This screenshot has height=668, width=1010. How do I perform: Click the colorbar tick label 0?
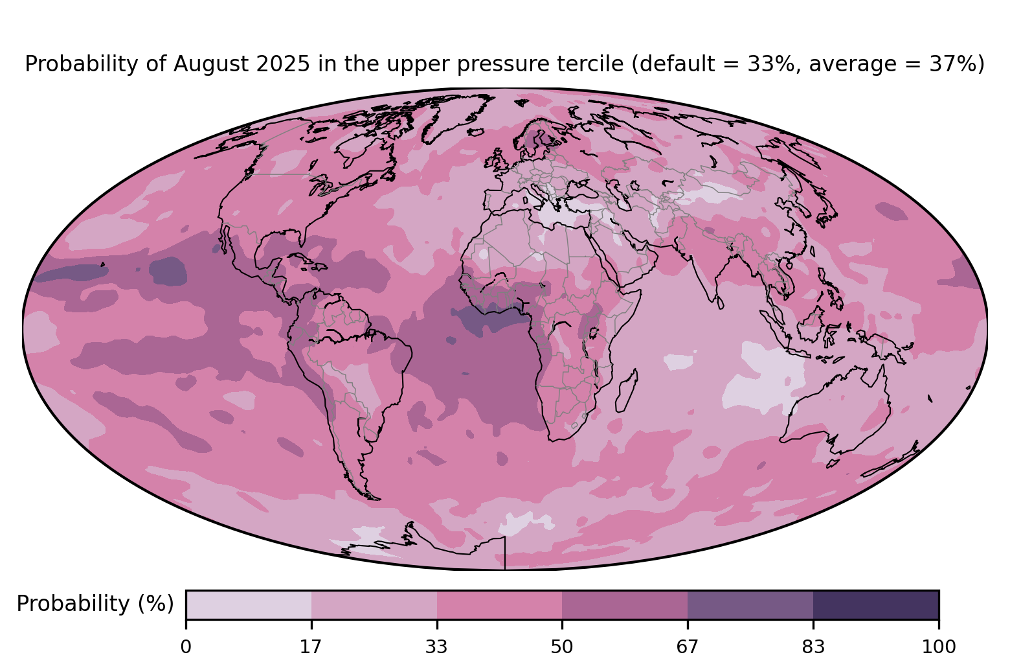pos(186,647)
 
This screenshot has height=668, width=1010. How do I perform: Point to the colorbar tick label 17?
pos(311,647)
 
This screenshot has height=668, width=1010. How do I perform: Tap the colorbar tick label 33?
pos(437,647)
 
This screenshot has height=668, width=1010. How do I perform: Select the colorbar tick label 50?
pos(562,647)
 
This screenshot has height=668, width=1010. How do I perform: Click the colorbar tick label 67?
pos(688,647)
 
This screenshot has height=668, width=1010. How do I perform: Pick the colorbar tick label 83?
pos(813,647)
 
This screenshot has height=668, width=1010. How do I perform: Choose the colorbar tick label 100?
pos(939,647)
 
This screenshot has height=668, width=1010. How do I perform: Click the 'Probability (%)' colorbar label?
pos(95,604)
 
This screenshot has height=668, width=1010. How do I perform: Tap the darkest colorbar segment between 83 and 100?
pos(876,605)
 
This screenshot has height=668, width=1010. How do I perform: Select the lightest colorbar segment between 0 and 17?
pos(249,605)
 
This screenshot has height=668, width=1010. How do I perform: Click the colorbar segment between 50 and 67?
pos(625,605)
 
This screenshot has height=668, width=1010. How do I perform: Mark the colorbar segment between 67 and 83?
pos(750,605)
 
